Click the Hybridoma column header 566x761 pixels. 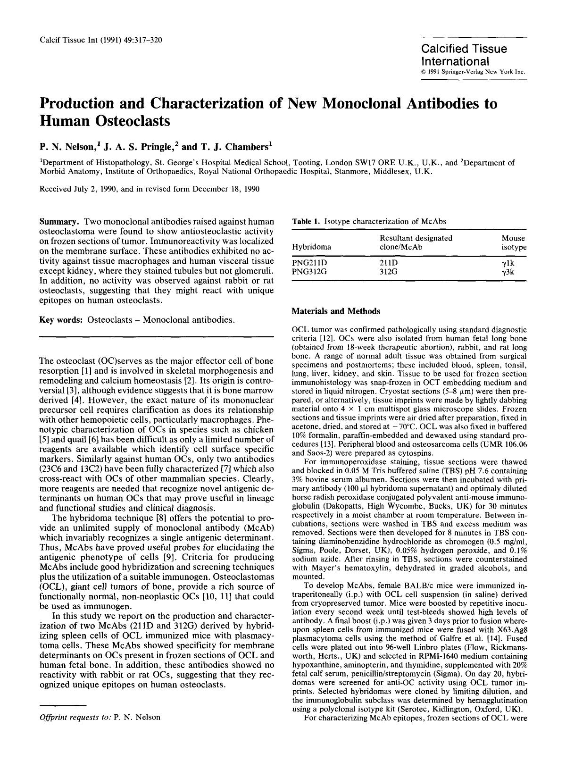[x=311, y=247]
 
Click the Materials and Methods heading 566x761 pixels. [x=336, y=311]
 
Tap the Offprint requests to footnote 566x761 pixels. [x=100, y=717]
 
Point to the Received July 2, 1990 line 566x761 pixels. [x=149, y=189]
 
